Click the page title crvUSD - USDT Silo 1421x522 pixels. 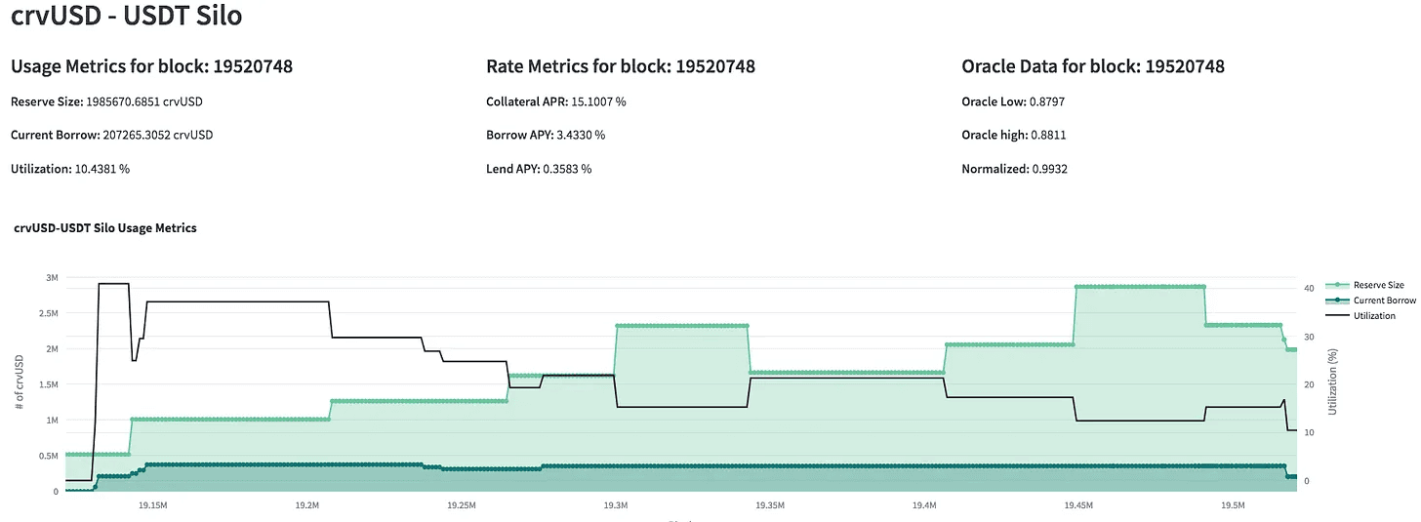pyautogui.click(x=126, y=17)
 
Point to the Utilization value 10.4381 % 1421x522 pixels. pyautogui.click(x=102, y=169)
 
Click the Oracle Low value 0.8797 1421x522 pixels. pyautogui.click(x=1049, y=101)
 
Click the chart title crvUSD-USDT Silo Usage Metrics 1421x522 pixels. pyautogui.click(x=105, y=228)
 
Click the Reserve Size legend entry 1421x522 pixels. pyautogui.click(x=1378, y=285)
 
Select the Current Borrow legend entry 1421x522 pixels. pyautogui.click(x=1384, y=301)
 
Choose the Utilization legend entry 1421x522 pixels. pyautogui.click(x=1374, y=316)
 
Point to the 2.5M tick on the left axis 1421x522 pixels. pyautogui.click(x=46, y=313)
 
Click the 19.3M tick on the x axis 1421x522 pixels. pyautogui.click(x=615, y=506)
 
